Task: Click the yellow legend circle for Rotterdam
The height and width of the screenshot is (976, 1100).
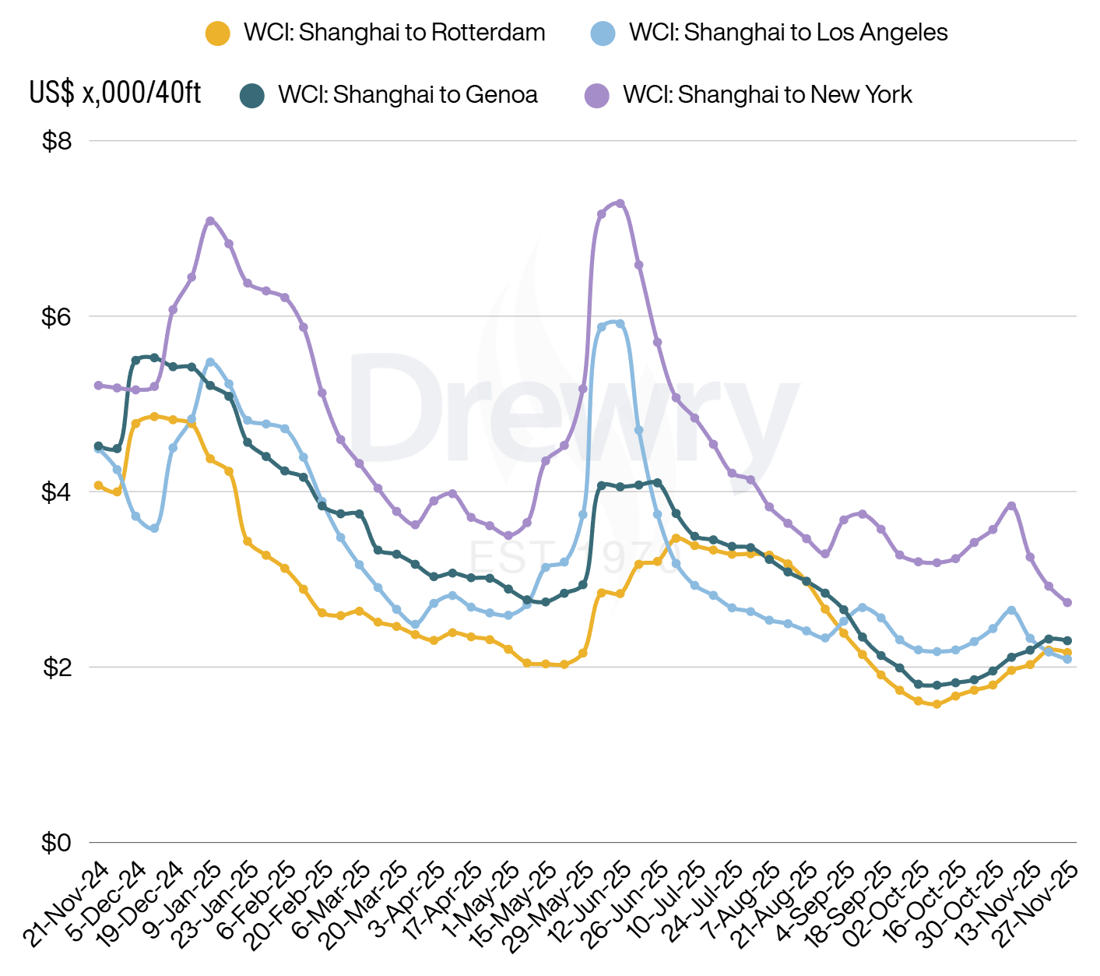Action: click(x=217, y=33)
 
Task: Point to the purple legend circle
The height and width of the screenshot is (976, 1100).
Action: click(x=597, y=96)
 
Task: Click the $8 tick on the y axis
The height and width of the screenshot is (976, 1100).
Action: click(x=57, y=141)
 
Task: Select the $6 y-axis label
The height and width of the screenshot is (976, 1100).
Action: click(x=57, y=317)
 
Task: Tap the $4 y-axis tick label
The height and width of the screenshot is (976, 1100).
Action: click(x=57, y=492)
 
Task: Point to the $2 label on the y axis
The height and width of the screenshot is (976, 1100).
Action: click(x=57, y=668)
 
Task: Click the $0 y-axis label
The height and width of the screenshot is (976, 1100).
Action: click(x=57, y=843)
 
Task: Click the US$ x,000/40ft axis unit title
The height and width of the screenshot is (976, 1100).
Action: click(x=115, y=93)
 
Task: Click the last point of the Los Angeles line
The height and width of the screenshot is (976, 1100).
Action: click(x=1067, y=659)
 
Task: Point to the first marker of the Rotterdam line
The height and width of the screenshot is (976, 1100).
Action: click(x=98, y=485)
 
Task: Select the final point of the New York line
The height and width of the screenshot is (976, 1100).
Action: click(x=1067, y=602)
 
